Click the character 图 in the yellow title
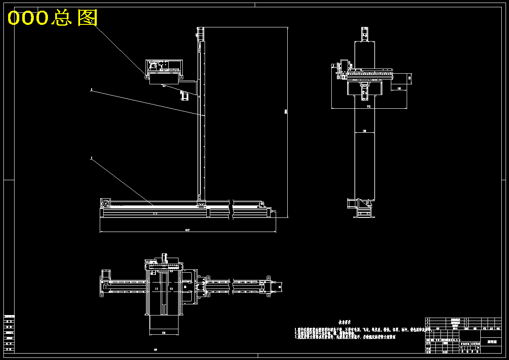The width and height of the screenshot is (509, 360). coord(88,18)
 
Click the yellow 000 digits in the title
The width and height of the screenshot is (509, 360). coord(28,18)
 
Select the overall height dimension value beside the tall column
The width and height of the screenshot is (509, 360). coord(286,112)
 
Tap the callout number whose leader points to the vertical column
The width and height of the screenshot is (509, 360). coord(91,90)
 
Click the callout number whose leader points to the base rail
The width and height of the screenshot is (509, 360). coord(91,158)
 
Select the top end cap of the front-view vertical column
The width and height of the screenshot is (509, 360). coord(200,34)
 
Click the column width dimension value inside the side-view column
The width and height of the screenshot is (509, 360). coord(364,131)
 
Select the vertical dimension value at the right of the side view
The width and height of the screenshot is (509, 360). coord(410,77)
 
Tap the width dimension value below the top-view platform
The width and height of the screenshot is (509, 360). coord(164,332)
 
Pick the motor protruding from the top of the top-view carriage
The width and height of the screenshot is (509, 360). coord(164,258)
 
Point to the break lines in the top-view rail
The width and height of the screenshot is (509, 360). coord(232,286)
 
